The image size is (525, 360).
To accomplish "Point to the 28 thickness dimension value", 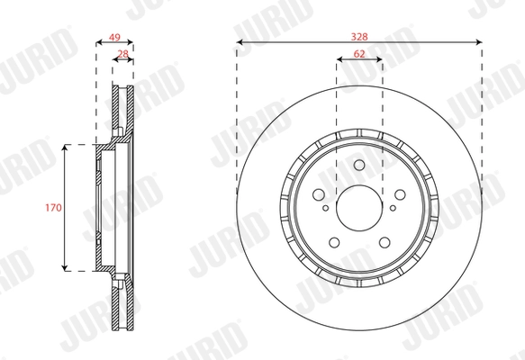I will (x=122, y=54).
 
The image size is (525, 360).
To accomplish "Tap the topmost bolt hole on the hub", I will (x=359, y=165).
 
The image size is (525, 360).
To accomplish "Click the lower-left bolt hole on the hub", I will (x=334, y=241).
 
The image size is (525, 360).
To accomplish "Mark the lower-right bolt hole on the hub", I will (x=385, y=241).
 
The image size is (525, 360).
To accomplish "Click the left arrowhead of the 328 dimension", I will (x=240, y=41).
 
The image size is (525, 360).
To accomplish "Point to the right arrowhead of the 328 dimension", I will (x=478, y=41).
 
